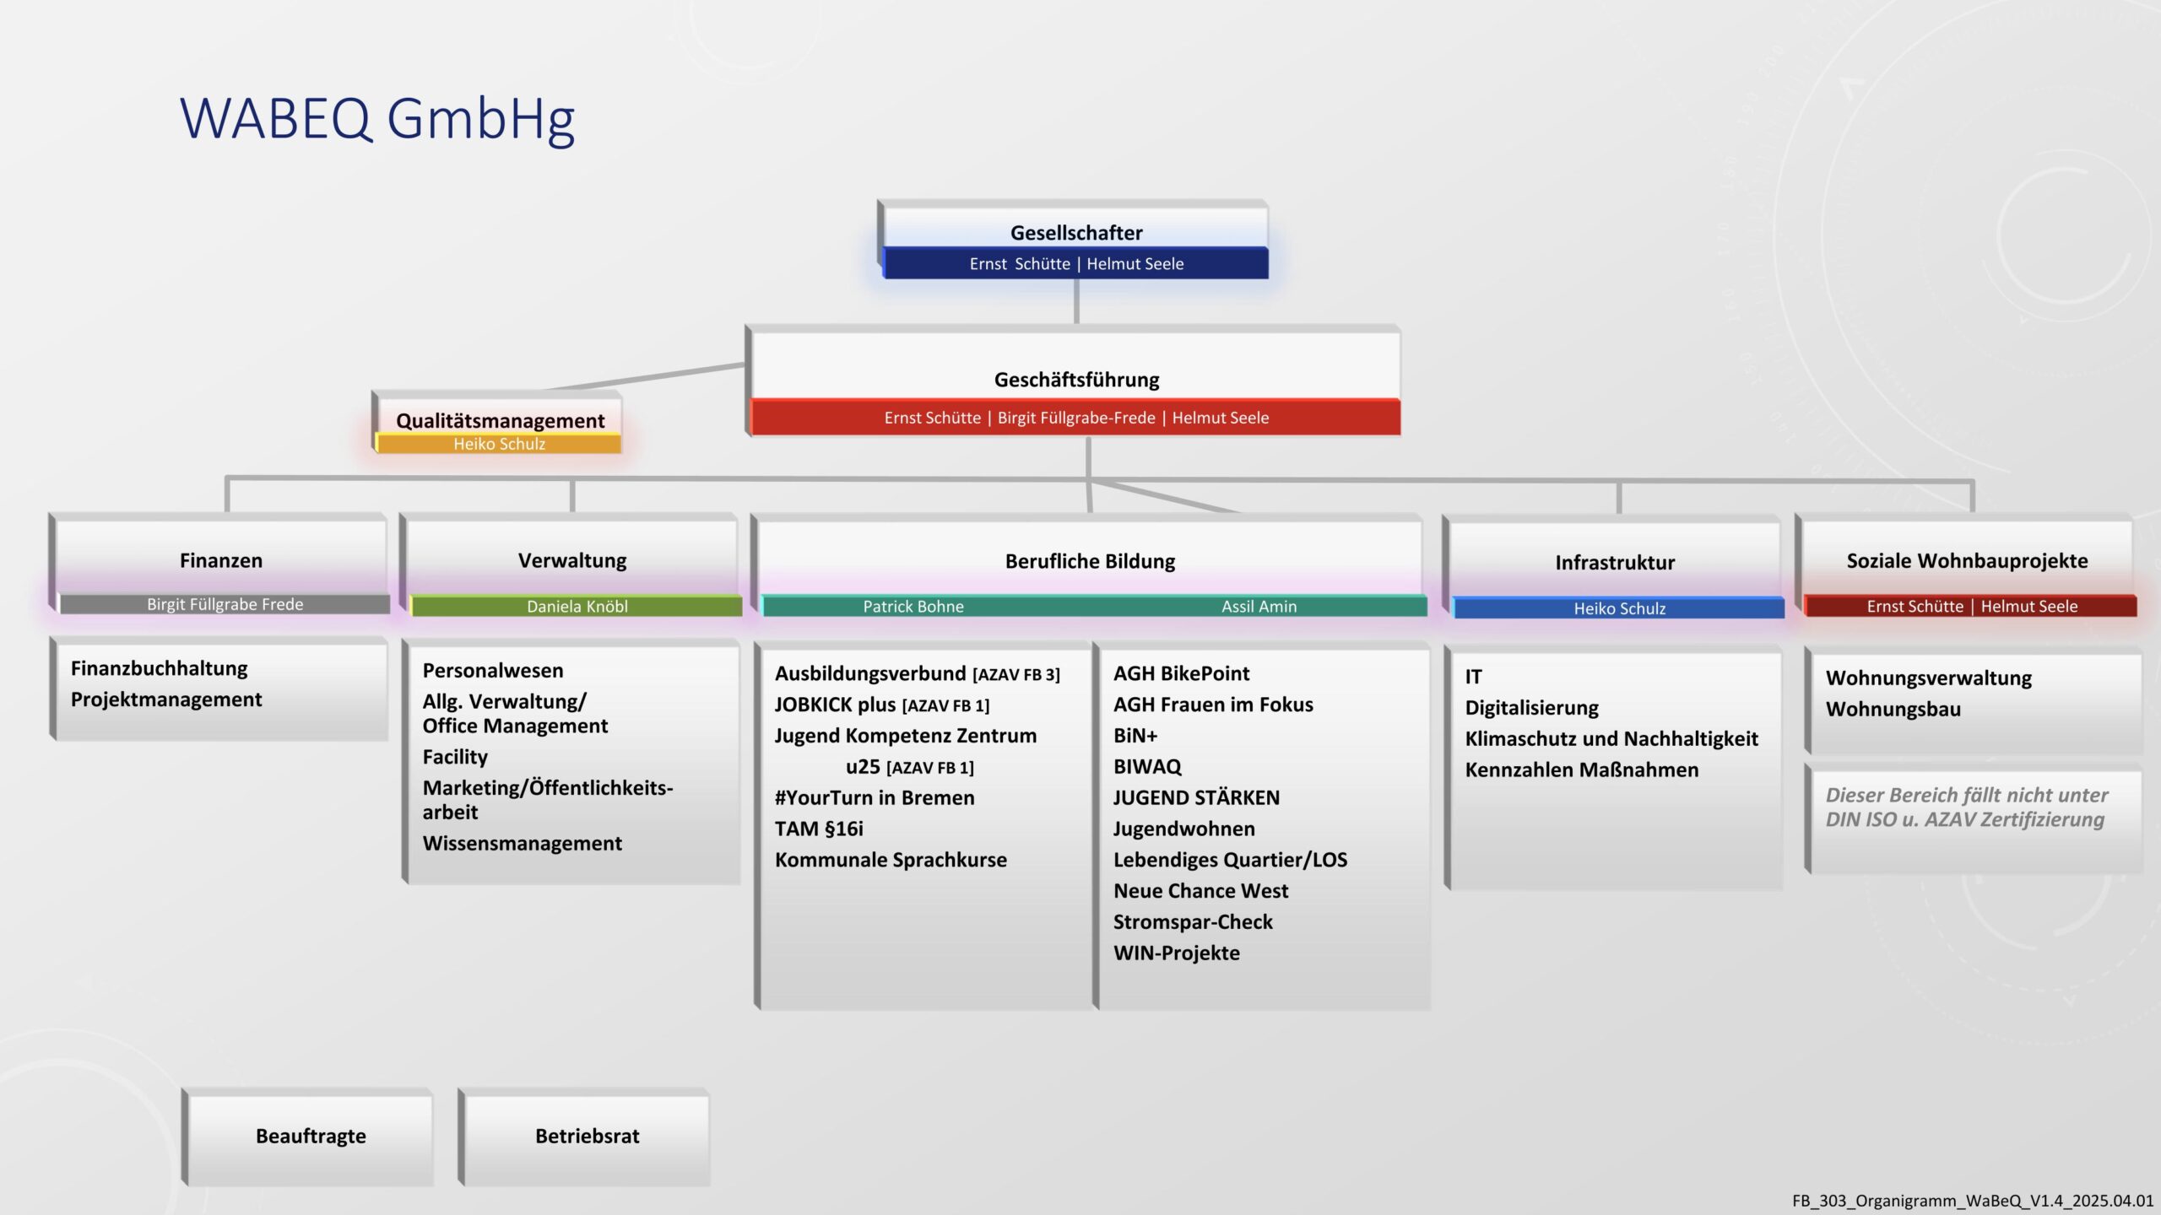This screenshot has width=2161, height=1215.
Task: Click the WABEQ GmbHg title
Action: click(x=377, y=118)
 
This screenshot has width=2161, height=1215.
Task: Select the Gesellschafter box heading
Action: click(x=1076, y=233)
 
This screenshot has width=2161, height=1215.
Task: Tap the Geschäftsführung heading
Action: click(x=1076, y=380)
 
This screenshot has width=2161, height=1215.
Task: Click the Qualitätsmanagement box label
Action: click(x=500, y=420)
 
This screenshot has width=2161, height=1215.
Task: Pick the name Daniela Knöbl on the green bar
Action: click(x=577, y=606)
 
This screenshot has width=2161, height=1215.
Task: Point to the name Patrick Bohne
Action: click(x=913, y=606)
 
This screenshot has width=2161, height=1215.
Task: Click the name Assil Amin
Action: click(x=1259, y=606)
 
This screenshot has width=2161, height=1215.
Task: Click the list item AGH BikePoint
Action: click(x=1181, y=673)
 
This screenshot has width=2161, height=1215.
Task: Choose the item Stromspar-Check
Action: click(x=1193, y=922)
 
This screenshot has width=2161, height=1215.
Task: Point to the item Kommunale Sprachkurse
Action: click(x=891, y=860)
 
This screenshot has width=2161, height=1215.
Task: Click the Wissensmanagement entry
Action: click(x=522, y=843)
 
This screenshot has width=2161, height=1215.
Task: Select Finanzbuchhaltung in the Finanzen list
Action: click(x=159, y=668)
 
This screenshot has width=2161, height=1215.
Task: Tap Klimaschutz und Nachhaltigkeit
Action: click(x=1611, y=739)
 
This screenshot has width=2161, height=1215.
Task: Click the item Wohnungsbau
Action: click(x=1893, y=709)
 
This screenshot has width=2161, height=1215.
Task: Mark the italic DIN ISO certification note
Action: click(x=1966, y=807)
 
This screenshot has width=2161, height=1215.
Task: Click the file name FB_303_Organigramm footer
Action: click(x=1973, y=1201)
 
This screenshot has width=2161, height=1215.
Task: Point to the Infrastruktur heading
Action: click(x=1615, y=563)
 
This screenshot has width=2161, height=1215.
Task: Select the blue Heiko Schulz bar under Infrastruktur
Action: click(x=1619, y=607)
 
